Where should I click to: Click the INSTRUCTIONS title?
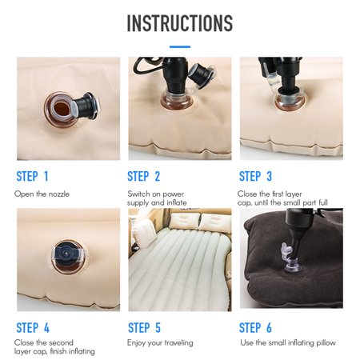(x=180, y=23)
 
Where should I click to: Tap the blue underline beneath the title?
(x=180, y=46)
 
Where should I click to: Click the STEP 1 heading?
(x=32, y=176)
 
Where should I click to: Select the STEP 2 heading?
(x=143, y=176)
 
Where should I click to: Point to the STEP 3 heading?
(x=255, y=176)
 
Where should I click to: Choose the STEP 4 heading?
(x=33, y=328)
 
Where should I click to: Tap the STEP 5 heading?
(x=144, y=328)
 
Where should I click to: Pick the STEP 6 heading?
(x=255, y=328)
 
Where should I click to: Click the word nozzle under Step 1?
(x=58, y=194)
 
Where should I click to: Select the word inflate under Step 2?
(x=177, y=202)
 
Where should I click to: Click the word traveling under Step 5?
(x=178, y=343)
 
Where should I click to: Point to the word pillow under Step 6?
(x=326, y=342)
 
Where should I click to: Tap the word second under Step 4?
(x=61, y=342)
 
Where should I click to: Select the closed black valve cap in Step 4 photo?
(x=66, y=252)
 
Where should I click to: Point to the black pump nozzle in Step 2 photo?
(x=175, y=74)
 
